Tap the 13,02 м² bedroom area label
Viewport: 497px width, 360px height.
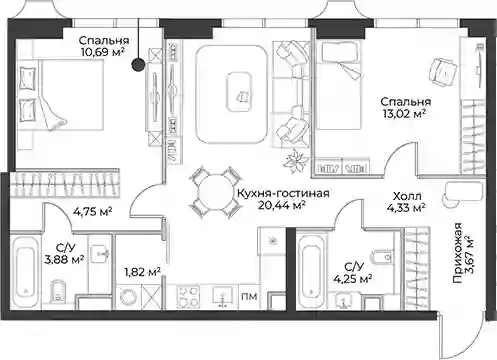[403, 113]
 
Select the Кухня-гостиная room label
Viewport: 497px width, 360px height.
[283, 193]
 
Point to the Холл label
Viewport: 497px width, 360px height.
[407, 195]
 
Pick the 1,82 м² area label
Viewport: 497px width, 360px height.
[142, 272]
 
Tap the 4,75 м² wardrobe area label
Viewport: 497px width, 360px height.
[93, 211]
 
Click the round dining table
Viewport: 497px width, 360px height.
[215, 193]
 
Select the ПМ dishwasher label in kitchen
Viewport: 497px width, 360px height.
[249, 296]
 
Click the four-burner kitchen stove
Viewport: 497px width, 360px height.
[188, 297]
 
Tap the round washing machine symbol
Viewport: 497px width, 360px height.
[129, 296]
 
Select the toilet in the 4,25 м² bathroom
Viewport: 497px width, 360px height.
[383, 257]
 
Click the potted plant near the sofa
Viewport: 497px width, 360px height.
[296, 160]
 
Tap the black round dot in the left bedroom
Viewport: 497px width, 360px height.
[138, 64]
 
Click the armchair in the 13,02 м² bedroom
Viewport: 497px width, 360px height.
[442, 72]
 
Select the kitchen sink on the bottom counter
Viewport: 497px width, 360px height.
[223, 296]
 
